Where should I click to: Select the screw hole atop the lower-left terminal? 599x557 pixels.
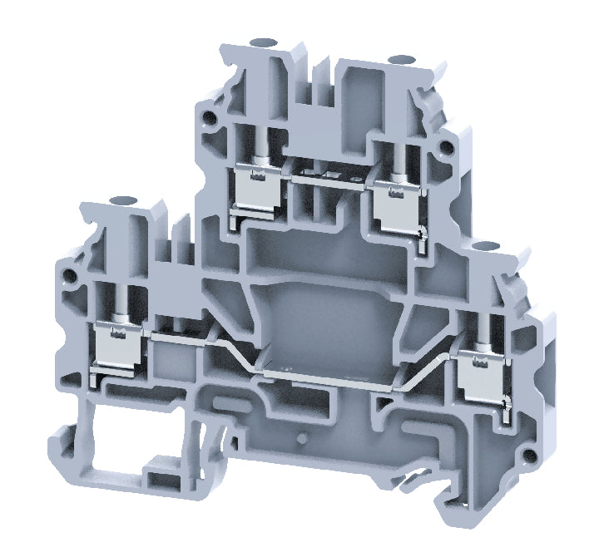[x=127, y=200]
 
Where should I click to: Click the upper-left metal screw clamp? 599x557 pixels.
[x=260, y=187]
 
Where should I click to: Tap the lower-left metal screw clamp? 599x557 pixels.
[x=121, y=343]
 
